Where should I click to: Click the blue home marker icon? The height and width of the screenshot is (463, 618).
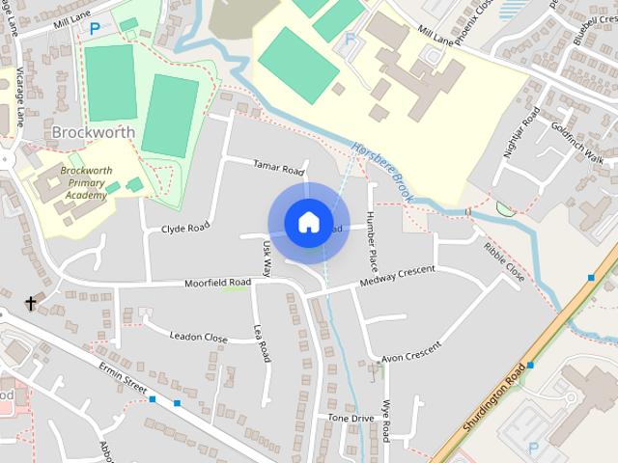coord(307,223)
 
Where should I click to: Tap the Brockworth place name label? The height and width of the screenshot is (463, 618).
coord(94,131)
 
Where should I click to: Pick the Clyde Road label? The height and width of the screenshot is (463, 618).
coord(185,229)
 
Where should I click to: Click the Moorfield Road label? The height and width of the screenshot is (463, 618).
coord(219,283)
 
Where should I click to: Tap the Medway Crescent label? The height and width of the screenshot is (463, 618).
coord(397,274)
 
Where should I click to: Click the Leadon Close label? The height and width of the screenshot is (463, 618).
coord(198,338)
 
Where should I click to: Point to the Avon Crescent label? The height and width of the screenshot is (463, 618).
coord(410,353)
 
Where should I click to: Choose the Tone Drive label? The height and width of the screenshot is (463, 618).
coord(350,419)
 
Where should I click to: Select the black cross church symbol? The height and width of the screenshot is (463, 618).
coord(30,304)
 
